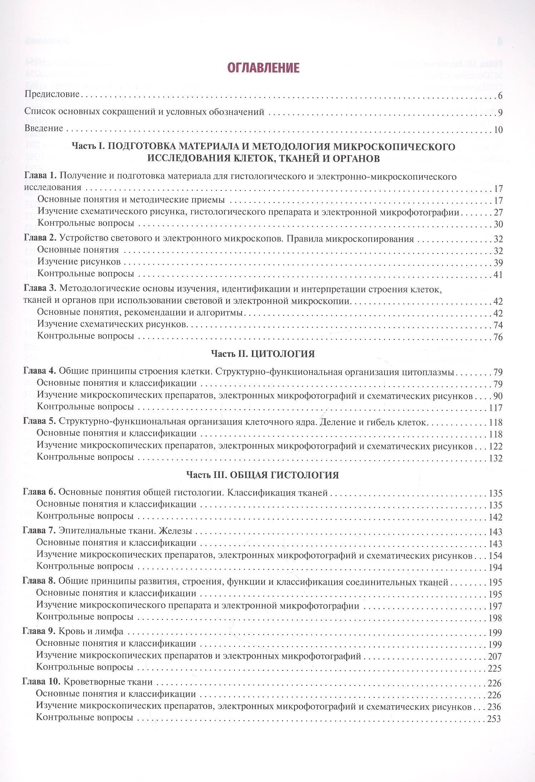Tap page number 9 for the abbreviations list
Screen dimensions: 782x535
500,113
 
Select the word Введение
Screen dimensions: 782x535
44,128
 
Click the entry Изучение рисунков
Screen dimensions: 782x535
79,262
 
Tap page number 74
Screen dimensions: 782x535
497,325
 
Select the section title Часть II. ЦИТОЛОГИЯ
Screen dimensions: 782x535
263,354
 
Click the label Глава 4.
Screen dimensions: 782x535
39,371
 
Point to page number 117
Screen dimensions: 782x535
495,408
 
